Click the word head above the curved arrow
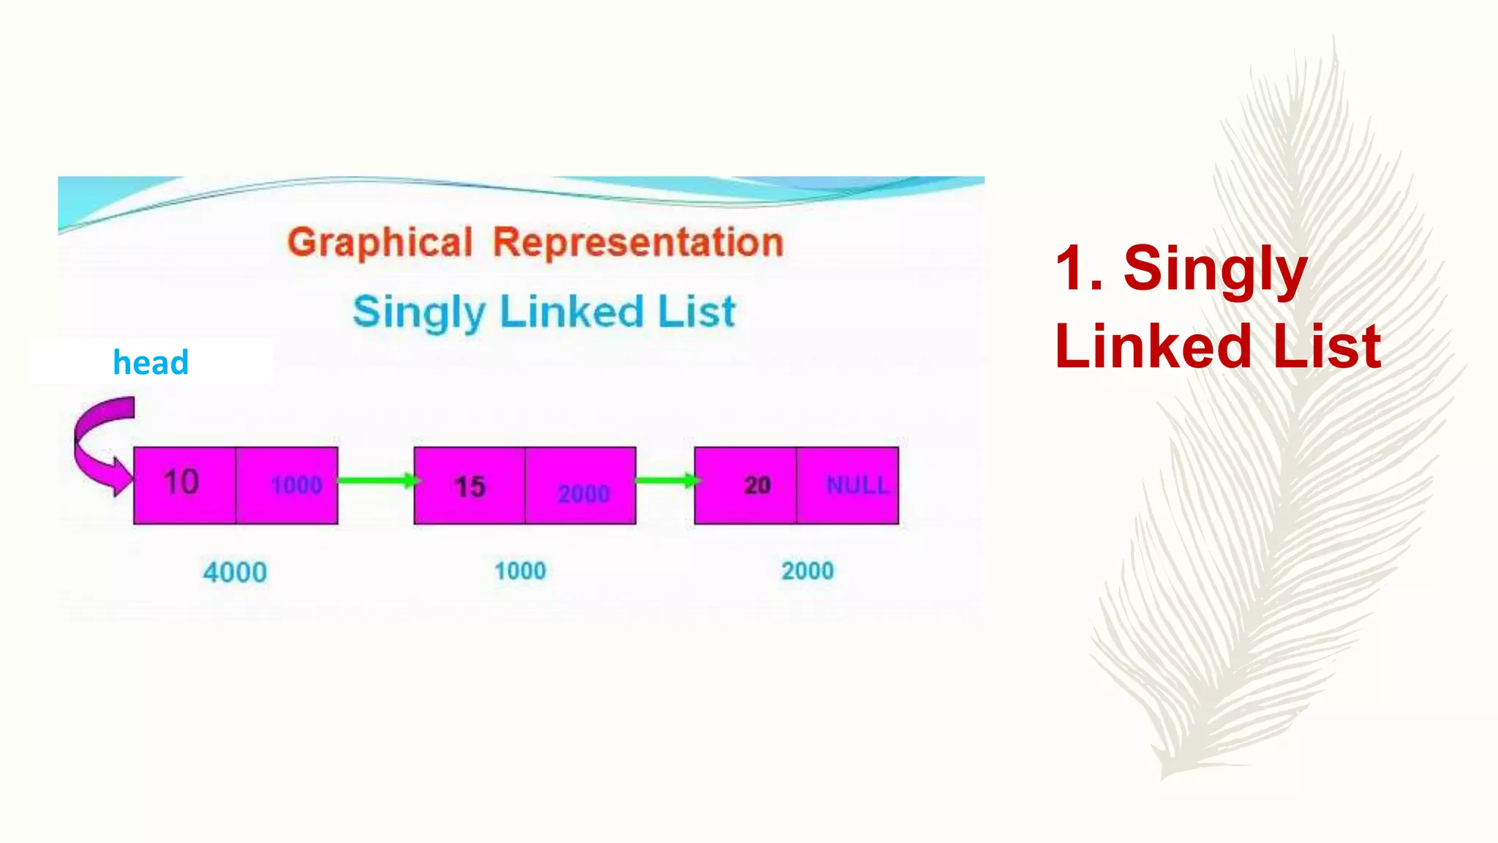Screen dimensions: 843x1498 [151, 362]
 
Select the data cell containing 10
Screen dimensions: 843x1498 [184, 484]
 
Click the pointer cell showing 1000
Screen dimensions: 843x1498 [287, 485]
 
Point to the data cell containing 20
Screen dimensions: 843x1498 [745, 485]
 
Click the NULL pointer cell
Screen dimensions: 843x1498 [848, 485]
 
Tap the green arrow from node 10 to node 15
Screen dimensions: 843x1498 [377, 481]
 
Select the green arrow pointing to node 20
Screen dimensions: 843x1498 [666, 481]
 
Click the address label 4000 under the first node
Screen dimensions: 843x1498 [235, 572]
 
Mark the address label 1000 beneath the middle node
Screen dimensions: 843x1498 [520, 571]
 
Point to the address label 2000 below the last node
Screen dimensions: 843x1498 [808, 571]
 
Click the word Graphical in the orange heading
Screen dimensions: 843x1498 [380, 243]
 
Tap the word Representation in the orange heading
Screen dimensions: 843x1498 [638, 242]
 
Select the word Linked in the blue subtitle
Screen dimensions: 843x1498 [571, 312]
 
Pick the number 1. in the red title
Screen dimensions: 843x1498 [1079, 269]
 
